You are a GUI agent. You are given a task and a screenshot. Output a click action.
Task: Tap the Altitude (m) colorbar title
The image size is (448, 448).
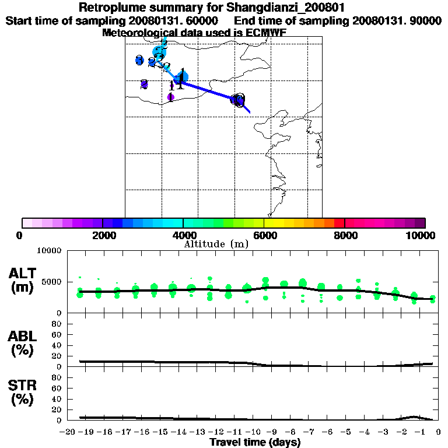216,244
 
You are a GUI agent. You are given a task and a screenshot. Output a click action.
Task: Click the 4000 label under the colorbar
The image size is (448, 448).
184,235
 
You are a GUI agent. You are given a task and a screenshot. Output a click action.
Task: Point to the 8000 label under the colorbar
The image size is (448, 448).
345,235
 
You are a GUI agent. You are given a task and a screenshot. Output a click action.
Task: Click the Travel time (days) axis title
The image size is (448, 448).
255,443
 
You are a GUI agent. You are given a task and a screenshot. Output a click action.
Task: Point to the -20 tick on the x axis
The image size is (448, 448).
68,432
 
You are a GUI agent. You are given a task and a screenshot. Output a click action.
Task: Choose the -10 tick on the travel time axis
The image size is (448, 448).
251,432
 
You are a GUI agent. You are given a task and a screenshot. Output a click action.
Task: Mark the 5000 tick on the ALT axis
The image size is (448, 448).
53,282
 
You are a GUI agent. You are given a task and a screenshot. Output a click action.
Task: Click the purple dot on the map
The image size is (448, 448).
170,97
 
